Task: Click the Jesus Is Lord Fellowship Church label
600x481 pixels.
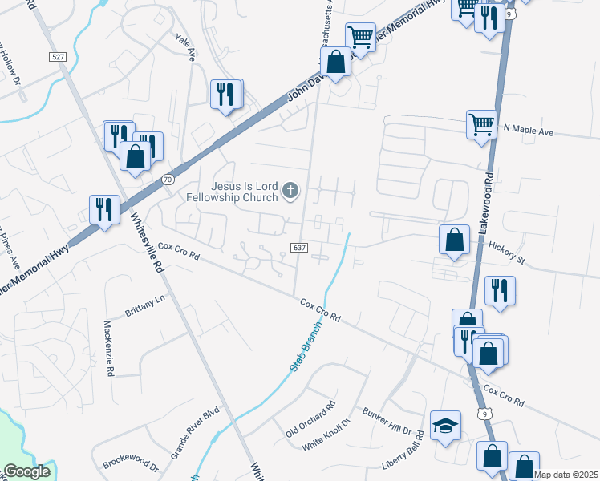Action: (232, 190)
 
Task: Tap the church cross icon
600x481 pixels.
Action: (290, 191)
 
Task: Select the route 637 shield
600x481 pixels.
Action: (298, 248)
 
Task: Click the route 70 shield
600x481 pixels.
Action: (167, 180)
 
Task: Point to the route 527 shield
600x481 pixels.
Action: (57, 57)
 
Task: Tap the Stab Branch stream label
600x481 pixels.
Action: (305, 345)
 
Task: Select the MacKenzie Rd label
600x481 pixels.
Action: (109, 348)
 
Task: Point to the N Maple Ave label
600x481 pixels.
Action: (529, 129)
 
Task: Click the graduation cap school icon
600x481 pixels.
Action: (446, 425)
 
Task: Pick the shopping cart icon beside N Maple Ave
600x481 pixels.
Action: (481, 123)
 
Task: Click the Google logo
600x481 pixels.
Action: (27, 472)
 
